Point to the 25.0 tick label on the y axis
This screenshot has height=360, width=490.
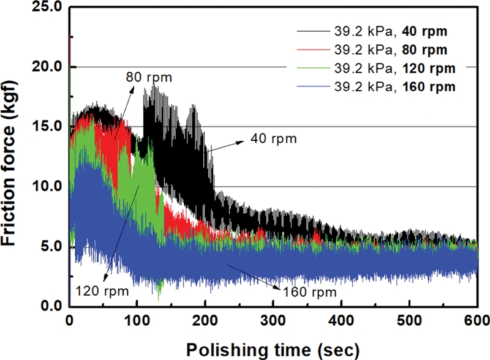(x=47, y=7)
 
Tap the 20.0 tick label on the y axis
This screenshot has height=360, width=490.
(x=47, y=67)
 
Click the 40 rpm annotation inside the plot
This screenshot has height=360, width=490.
(x=274, y=139)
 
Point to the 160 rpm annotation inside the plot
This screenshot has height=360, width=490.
(x=309, y=291)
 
